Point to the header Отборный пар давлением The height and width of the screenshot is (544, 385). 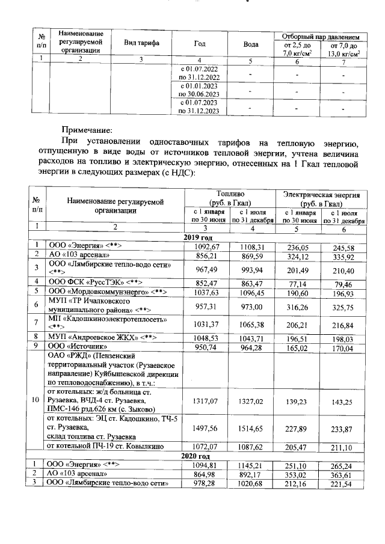(321, 36)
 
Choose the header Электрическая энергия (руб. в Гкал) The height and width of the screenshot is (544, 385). (321, 199)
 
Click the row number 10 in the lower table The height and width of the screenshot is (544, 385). (37, 400)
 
